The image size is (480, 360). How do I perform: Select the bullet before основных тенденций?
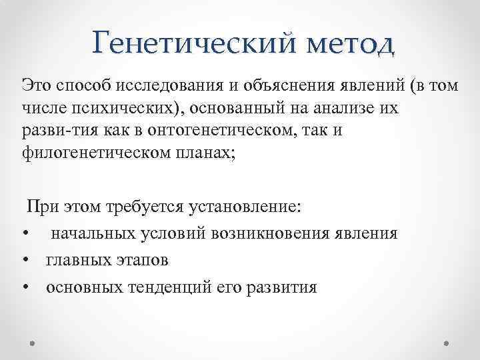[x=25, y=287]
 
